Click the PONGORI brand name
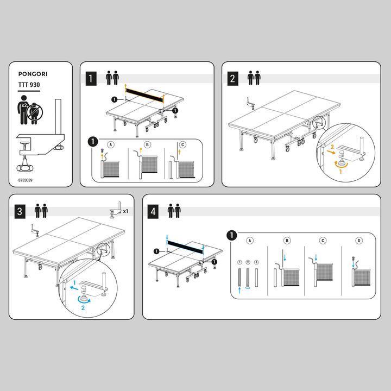click(x=33, y=74)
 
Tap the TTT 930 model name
click(x=29, y=85)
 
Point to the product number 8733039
click(x=25, y=180)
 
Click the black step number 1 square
click(x=91, y=79)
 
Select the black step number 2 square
click(x=232, y=79)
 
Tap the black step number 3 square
click(x=20, y=211)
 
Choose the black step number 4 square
click(x=153, y=211)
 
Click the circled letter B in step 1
click(x=147, y=144)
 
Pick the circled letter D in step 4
click(x=359, y=241)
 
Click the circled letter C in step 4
click(x=323, y=241)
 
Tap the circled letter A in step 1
click(x=111, y=144)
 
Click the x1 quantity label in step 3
click(x=125, y=211)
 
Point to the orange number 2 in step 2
click(x=332, y=147)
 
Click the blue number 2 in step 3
click(x=83, y=308)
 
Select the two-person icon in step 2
click(x=254, y=78)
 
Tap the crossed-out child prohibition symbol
click(x=35, y=112)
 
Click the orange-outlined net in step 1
click(x=144, y=94)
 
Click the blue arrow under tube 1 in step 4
click(x=239, y=290)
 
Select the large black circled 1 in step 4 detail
click(x=231, y=235)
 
